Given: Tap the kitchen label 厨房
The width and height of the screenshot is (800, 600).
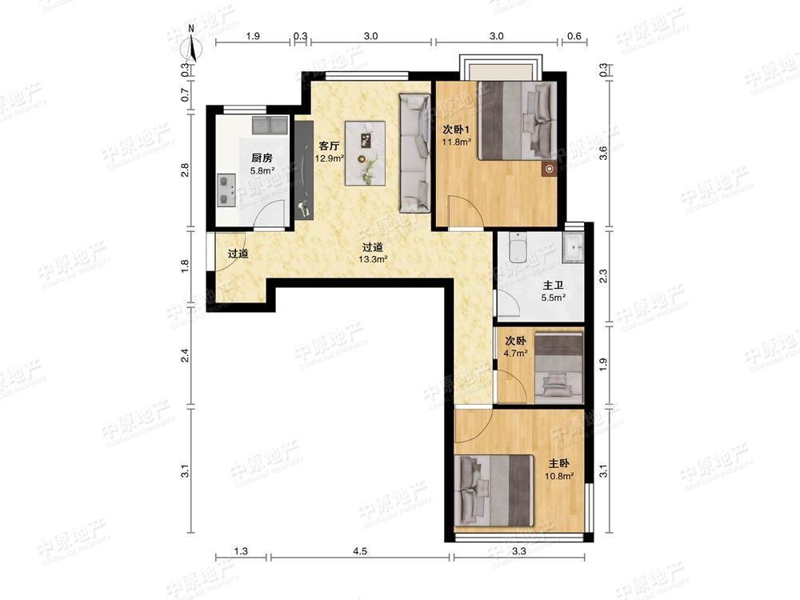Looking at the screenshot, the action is (x=262, y=158).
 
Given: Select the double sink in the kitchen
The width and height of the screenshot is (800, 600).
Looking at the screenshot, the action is (x=270, y=125).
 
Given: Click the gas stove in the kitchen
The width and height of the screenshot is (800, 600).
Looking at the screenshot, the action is (x=226, y=190).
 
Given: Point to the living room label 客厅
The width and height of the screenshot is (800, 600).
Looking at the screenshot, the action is (x=329, y=146).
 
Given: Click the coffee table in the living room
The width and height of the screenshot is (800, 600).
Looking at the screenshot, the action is (x=366, y=153).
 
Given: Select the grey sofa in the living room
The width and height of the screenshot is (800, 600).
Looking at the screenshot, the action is (x=414, y=153).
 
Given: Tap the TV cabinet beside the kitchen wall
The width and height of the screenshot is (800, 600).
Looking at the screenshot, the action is (x=303, y=170).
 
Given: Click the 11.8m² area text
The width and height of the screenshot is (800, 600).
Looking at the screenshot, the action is (x=456, y=142).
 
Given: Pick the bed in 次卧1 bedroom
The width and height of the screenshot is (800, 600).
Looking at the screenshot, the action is (x=517, y=120).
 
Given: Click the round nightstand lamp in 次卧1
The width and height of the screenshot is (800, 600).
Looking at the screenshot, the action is (x=549, y=169).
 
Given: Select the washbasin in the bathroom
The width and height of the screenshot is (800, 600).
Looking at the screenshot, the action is (x=574, y=247).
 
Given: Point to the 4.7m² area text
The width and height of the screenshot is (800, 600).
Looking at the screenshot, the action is (x=515, y=353).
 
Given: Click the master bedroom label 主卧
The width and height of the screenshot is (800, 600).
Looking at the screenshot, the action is (x=558, y=463).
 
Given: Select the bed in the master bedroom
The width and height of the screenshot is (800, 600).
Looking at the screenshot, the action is (x=494, y=490).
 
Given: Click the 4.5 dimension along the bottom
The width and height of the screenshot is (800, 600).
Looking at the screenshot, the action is (x=360, y=551).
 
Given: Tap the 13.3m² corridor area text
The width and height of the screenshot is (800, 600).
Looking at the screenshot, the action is (x=373, y=259).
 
